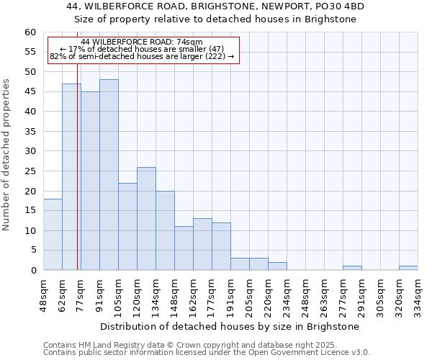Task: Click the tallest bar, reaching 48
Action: pyautogui.click(x=109, y=175)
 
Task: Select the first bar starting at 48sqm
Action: pyautogui.click(x=53, y=235)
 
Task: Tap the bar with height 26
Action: pyautogui.click(x=146, y=218)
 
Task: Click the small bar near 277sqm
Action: pyautogui.click(x=352, y=268)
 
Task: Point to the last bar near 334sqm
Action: pyautogui.click(x=408, y=268)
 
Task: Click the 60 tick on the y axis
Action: pyautogui.click(x=30, y=32)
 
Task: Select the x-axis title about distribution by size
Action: pyautogui.click(x=230, y=326)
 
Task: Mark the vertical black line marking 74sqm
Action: pyautogui.click(x=77, y=180)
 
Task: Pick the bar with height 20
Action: pyautogui.click(x=165, y=230)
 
